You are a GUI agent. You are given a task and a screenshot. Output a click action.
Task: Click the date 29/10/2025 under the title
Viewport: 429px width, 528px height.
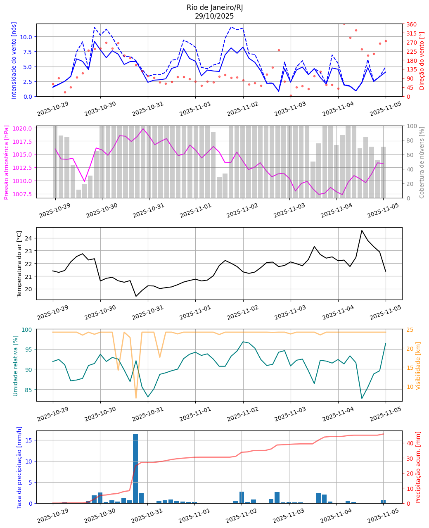tap(214, 17)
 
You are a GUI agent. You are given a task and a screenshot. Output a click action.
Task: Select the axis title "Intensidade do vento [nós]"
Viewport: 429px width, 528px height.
tap(14, 60)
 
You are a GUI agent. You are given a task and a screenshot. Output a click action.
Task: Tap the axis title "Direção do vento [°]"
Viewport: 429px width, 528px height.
tap(422, 60)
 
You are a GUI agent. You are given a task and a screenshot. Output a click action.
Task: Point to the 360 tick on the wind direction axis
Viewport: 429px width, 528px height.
tap(411, 24)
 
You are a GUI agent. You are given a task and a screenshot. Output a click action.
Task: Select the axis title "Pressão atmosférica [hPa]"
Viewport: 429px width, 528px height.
tap(7, 162)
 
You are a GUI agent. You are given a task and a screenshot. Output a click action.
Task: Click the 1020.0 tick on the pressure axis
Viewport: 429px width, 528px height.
tap(24, 128)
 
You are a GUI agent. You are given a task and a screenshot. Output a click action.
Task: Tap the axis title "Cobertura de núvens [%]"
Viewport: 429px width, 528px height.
tap(422, 162)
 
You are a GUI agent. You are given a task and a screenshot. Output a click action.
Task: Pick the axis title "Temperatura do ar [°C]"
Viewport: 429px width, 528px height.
tap(19, 264)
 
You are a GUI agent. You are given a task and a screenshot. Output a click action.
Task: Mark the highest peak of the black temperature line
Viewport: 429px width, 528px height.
tap(362, 231)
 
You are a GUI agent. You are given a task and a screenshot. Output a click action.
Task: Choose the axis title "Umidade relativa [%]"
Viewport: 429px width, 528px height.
tap(16, 365)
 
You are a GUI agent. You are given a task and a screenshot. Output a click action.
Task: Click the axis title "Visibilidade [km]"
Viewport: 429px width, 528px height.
tap(418, 365)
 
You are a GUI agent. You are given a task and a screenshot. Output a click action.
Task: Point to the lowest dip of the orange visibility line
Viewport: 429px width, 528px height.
tap(136, 398)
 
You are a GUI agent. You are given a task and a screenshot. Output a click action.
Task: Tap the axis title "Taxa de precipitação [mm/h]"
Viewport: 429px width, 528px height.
tap(19, 467)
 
